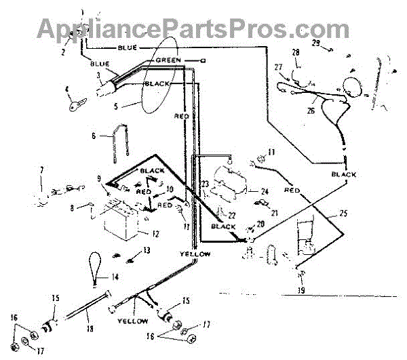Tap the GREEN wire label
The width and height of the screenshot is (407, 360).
(x=168, y=60)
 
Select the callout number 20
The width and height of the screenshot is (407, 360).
(x=260, y=224)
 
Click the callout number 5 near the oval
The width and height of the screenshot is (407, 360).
(x=115, y=106)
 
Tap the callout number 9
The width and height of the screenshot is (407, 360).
(x=100, y=179)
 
